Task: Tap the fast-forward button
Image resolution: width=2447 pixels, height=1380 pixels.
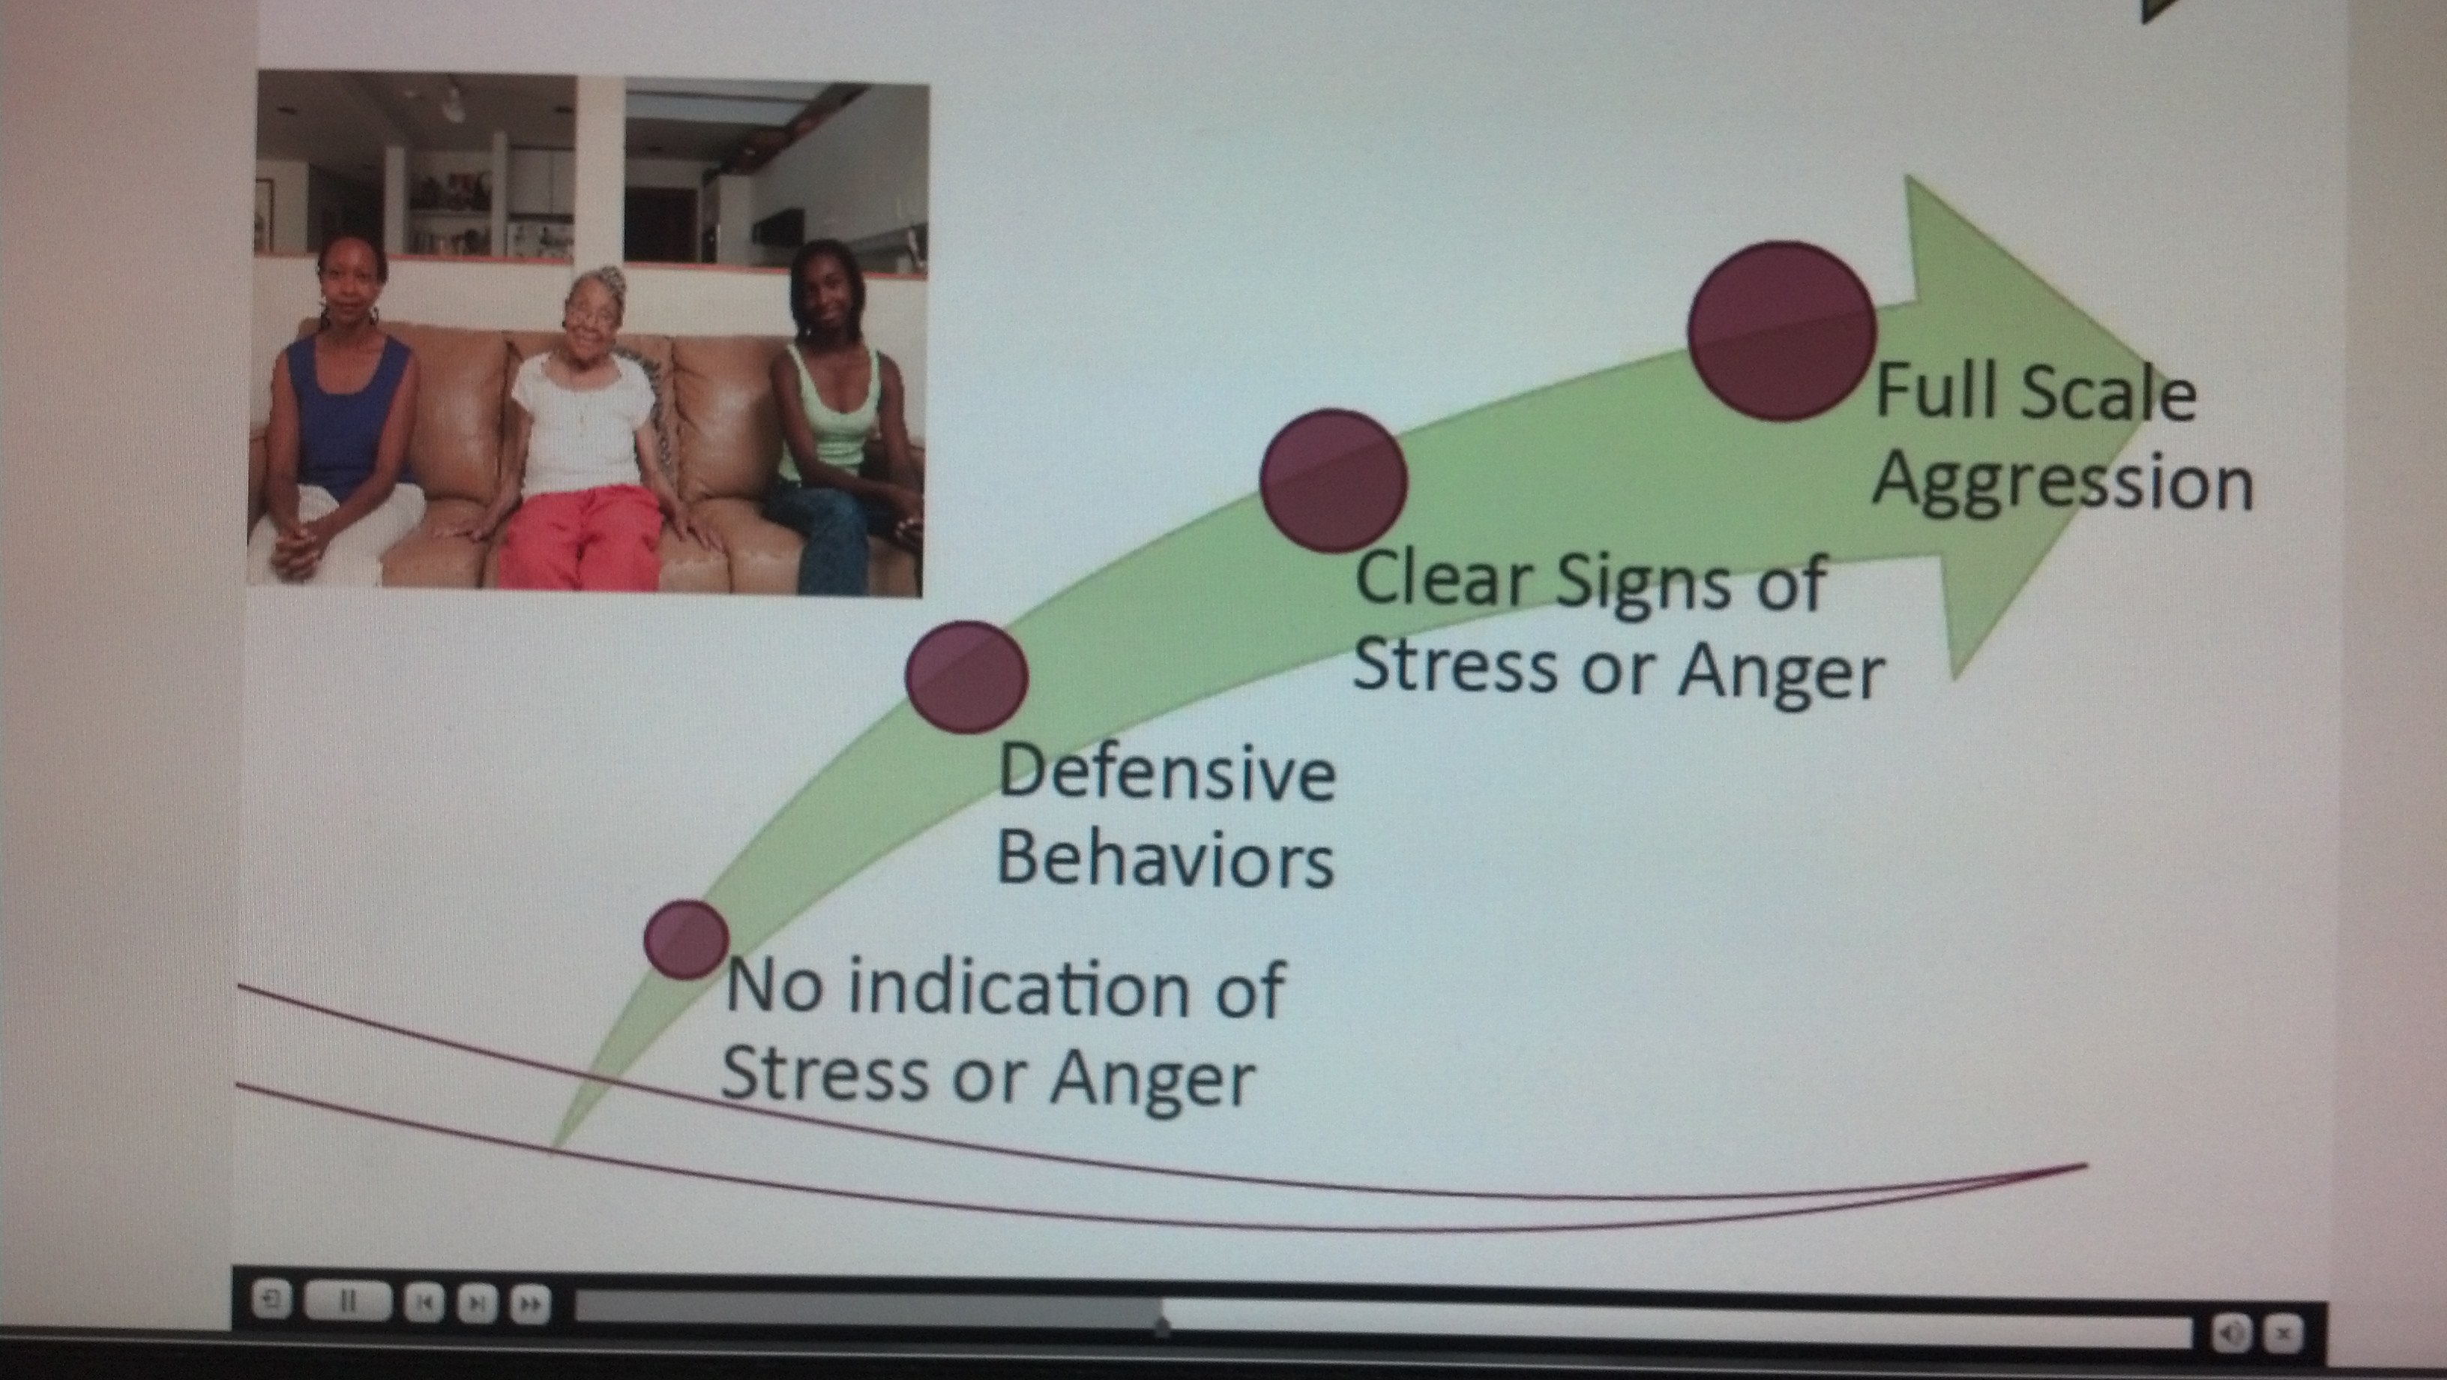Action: [530, 1303]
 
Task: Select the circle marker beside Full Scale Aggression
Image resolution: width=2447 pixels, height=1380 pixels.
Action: [1782, 330]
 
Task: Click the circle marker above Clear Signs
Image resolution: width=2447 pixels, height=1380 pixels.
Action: [1333, 481]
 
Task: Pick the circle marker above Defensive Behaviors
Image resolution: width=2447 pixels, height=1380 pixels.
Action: [967, 676]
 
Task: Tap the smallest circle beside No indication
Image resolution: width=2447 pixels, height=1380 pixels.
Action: [686, 939]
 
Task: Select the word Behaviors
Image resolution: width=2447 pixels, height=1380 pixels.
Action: [1164, 857]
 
